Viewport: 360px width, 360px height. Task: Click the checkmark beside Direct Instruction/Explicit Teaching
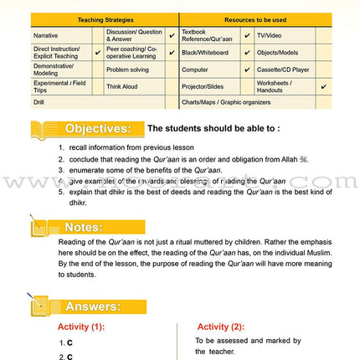(96, 52)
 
